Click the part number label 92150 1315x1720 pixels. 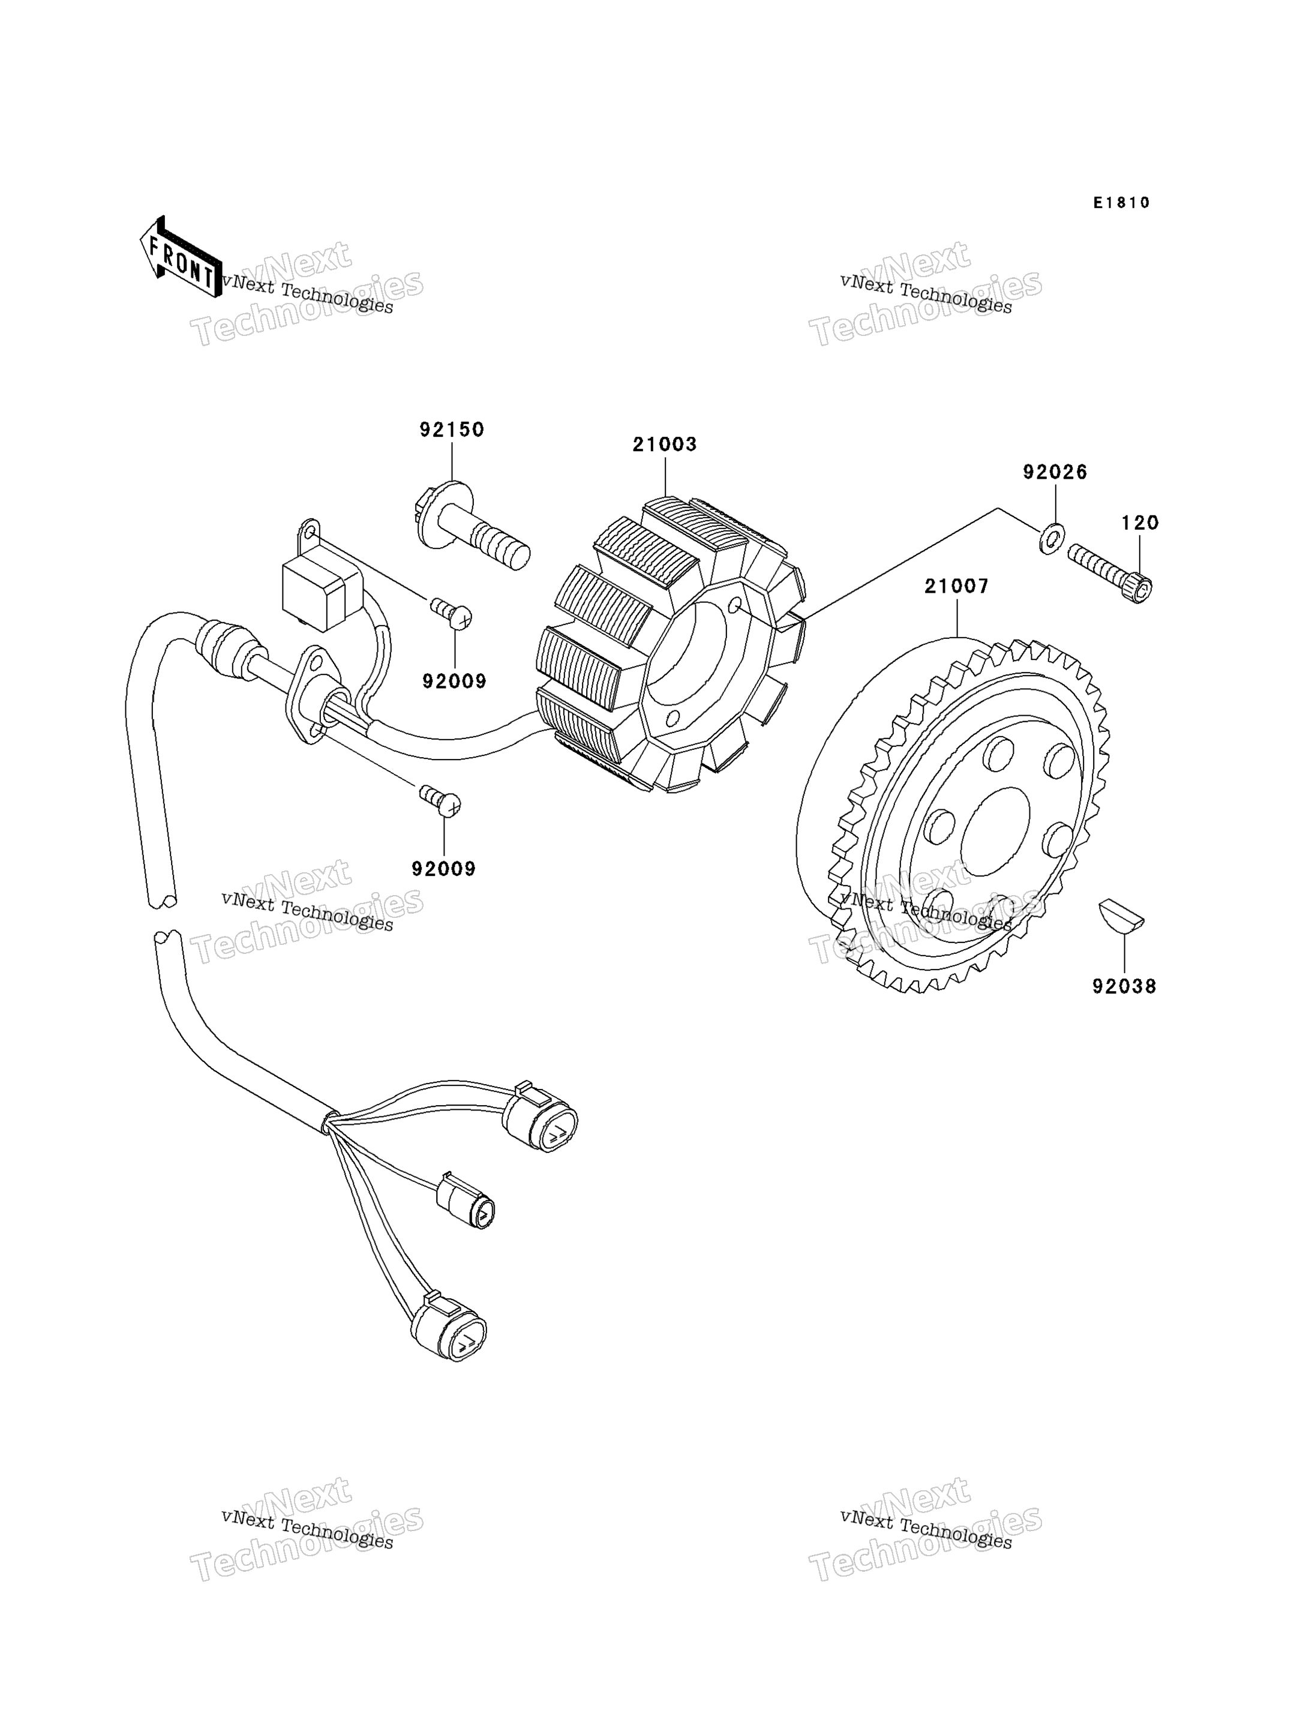pyautogui.click(x=452, y=430)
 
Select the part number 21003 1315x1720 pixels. pyautogui.click(x=665, y=445)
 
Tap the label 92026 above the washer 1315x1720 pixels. pyautogui.click(x=1055, y=472)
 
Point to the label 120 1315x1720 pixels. pyautogui.click(x=1140, y=523)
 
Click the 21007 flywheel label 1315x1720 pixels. pyautogui.click(x=956, y=586)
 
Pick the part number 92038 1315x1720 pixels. pyautogui.click(x=1124, y=987)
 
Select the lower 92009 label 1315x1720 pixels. pyautogui.click(x=444, y=869)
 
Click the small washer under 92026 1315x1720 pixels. pyautogui.click(x=1051, y=539)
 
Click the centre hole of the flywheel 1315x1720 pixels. pyautogui.click(x=994, y=832)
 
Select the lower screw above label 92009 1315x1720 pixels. pyautogui.click(x=441, y=800)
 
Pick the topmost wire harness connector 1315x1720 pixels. pyautogui.click(x=540, y=1122)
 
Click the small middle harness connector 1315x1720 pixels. pyautogui.click(x=467, y=1206)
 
